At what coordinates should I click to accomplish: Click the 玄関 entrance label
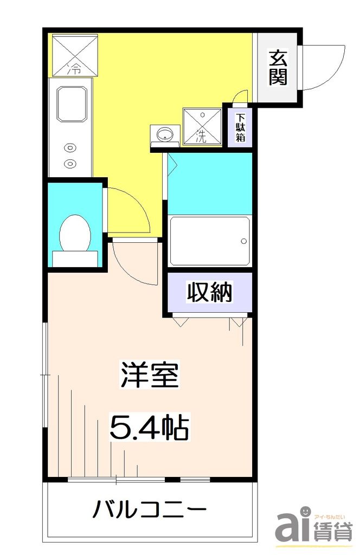(x=278, y=67)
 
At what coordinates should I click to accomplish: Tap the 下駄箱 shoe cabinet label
(x=240, y=127)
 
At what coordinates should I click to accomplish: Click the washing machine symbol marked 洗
(x=202, y=126)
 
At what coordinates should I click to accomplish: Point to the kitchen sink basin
(x=72, y=103)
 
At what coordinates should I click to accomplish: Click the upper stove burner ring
(x=70, y=146)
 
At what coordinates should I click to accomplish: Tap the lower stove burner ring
(x=70, y=163)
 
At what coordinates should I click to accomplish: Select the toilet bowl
(x=75, y=233)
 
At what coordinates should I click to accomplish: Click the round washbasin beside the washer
(x=164, y=133)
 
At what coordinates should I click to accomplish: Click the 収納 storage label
(x=210, y=293)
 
